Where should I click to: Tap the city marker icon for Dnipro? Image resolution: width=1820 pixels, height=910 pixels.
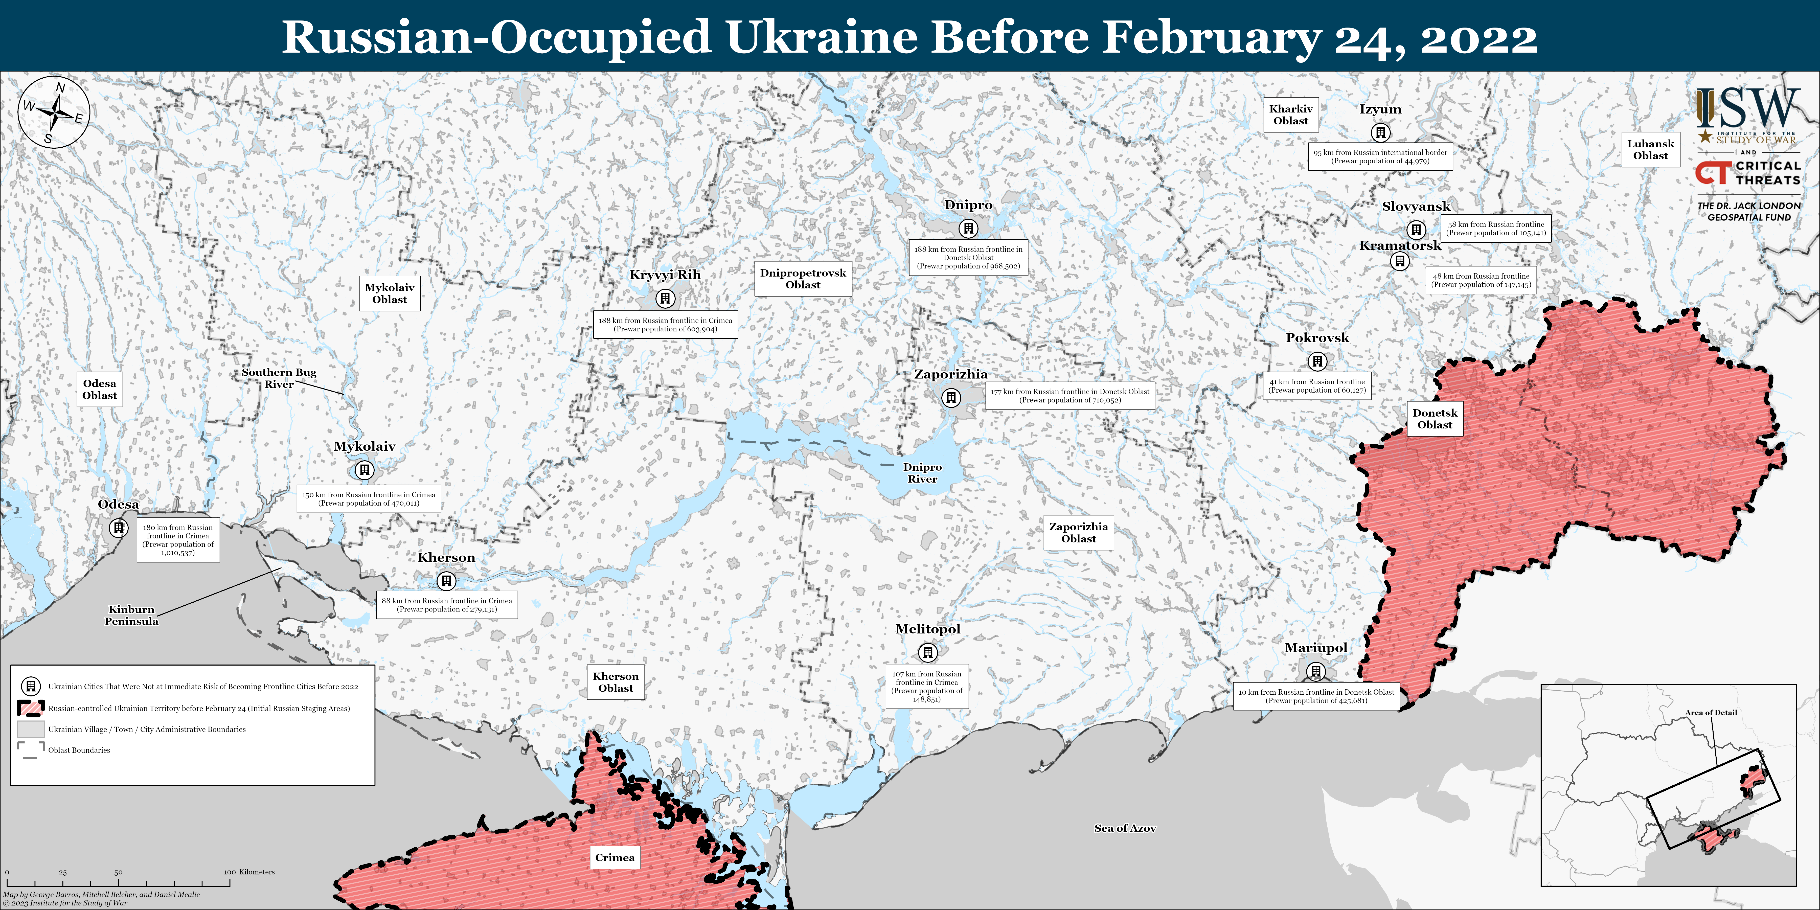coord(968,228)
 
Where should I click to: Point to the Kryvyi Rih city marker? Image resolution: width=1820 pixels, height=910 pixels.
coord(665,298)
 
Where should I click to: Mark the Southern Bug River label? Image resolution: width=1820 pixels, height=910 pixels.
coord(279,378)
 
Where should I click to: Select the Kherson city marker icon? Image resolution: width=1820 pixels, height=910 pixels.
coord(446,581)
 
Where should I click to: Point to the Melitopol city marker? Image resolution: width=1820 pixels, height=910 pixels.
coord(928,652)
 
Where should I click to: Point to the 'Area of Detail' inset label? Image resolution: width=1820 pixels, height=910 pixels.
coord(1711,712)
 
